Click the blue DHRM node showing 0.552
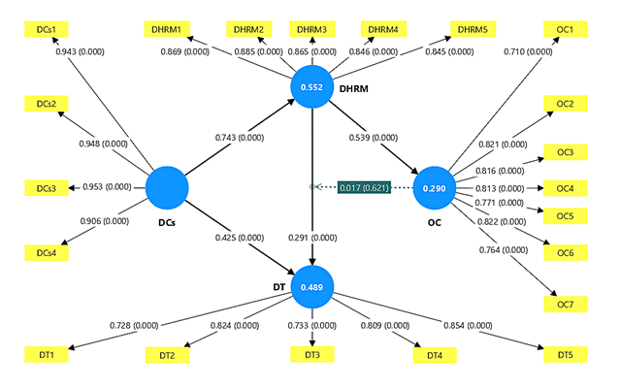tap(312, 86)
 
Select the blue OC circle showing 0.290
tap(435, 187)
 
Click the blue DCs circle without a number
tap(167, 187)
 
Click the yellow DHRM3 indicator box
tap(312, 30)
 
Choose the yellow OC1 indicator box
tap(564, 30)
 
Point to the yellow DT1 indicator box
tap(46, 356)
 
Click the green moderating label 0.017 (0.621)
tap(363, 187)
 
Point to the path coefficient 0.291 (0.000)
tap(312, 236)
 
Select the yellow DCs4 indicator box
tap(46, 252)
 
